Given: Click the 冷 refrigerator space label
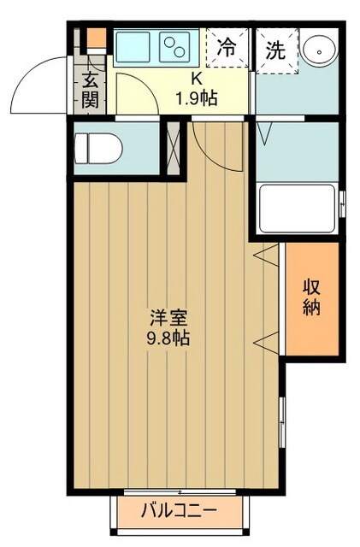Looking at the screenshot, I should point(227,49).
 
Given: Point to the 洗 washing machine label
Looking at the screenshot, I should point(274,49).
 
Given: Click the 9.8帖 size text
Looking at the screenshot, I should point(168,338).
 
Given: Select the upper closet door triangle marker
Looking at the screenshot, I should point(265,254).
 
